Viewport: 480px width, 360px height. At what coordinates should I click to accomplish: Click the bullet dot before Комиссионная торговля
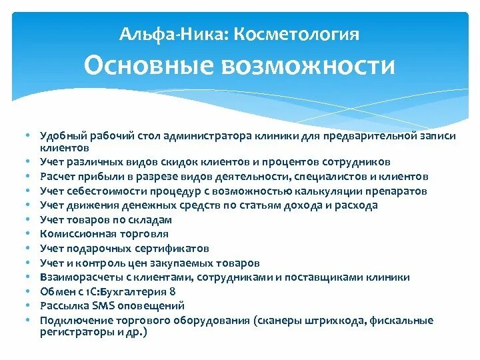pyautogui.click(x=31, y=234)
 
